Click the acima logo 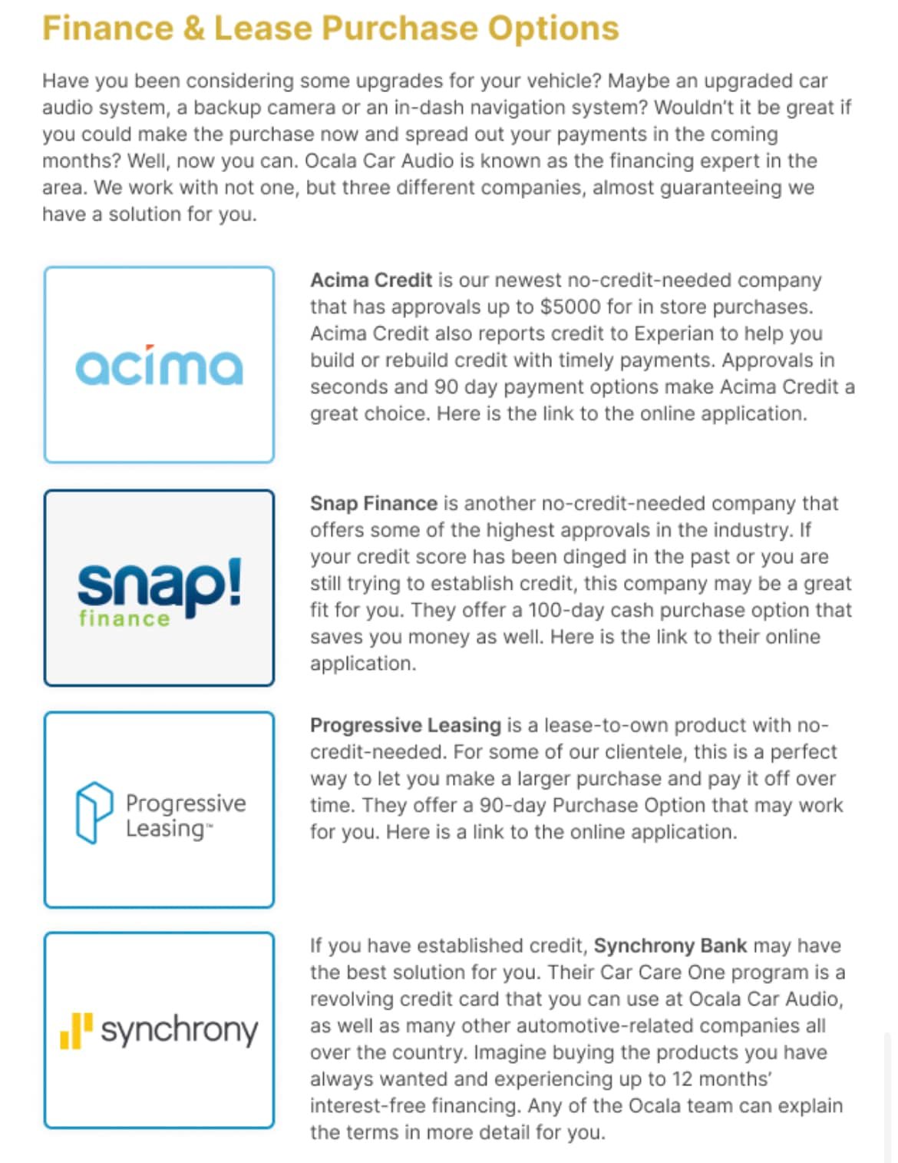[x=159, y=366]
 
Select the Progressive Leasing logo [x=160, y=813]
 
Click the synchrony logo [x=160, y=1030]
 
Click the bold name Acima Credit [x=371, y=280]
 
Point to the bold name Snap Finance [x=373, y=504]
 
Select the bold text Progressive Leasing [x=405, y=725]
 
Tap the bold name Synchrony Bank [x=670, y=946]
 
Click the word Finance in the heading [x=107, y=28]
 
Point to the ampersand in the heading [x=193, y=28]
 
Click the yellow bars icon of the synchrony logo [x=76, y=1030]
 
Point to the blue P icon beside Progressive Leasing [x=94, y=812]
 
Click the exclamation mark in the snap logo [x=233, y=581]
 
